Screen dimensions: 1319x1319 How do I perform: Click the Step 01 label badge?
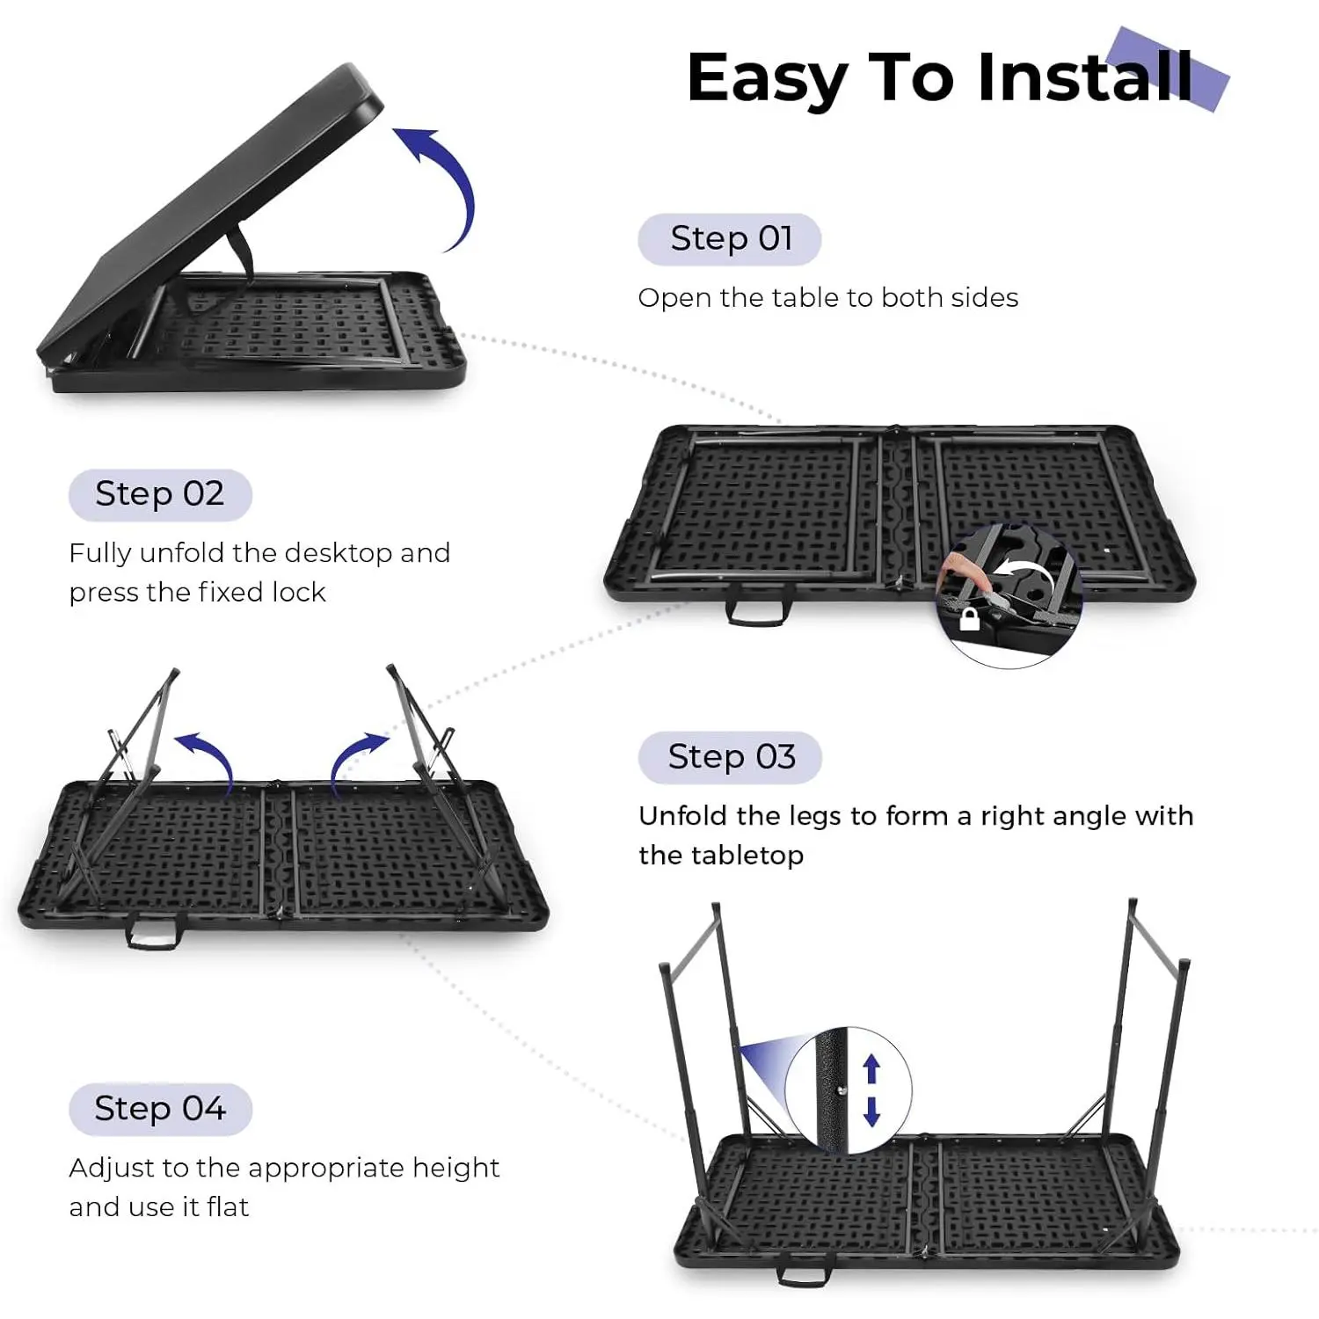click(730, 239)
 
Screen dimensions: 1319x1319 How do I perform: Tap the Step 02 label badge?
click(160, 495)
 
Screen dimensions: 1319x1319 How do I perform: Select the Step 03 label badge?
click(730, 757)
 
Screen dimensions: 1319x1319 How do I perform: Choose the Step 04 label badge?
click(160, 1109)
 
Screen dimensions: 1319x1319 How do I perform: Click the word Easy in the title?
click(769, 79)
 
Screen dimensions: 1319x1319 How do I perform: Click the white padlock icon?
click(969, 619)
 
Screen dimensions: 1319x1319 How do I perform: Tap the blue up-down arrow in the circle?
click(871, 1090)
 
